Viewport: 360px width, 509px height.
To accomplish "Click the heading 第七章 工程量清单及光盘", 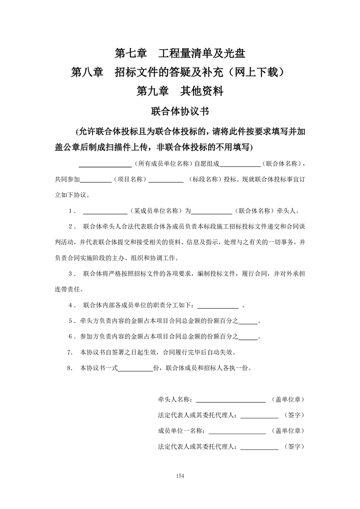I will click(x=180, y=53).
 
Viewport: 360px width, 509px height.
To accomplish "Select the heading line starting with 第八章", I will click(x=180, y=72).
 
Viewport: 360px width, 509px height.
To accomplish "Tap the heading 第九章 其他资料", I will click(x=180, y=91).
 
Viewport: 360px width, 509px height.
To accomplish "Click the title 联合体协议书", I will click(x=180, y=111).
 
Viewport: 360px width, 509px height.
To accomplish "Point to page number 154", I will click(x=180, y=476).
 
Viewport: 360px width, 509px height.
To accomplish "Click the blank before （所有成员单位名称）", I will click(x=106, y=165).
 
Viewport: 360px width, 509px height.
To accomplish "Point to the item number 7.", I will click(x=70, y=352).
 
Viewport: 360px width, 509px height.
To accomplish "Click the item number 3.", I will click(x=71, y=274).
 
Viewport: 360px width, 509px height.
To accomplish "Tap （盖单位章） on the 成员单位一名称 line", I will click(x=287, y=431).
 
